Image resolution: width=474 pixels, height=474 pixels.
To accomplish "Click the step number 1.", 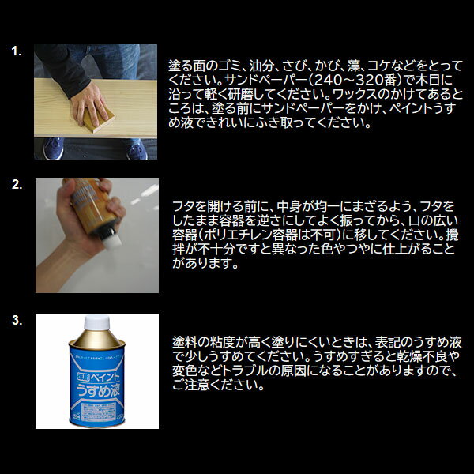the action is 17,51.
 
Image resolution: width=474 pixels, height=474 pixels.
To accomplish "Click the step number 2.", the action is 17,184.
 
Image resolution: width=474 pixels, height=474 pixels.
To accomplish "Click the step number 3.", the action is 17,320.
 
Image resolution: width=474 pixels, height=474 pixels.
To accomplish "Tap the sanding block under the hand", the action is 99,121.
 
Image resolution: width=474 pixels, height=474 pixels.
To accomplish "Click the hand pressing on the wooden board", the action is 88,103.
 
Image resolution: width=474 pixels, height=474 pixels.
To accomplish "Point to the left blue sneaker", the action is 54,149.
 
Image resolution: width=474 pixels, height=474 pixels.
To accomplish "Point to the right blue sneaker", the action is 137,150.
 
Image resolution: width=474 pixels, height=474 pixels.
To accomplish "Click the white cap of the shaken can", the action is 112,241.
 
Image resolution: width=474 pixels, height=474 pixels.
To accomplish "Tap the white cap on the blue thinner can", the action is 96,322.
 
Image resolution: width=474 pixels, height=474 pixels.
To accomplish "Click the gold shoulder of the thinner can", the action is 96,339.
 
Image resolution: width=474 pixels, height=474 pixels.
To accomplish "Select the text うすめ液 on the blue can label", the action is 98,390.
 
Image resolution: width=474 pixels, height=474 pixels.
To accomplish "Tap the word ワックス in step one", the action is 355,95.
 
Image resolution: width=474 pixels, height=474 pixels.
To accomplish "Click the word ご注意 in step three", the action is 190,386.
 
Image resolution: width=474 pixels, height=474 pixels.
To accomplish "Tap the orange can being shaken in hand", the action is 92,206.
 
